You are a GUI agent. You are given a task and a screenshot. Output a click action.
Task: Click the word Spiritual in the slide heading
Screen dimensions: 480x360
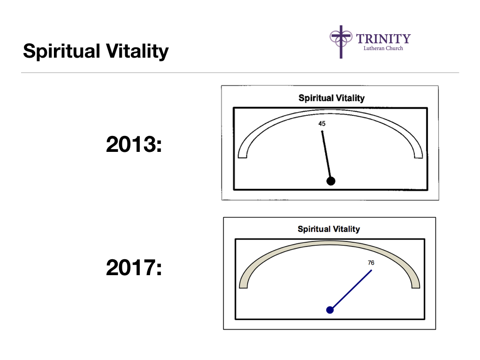tap(61, 51)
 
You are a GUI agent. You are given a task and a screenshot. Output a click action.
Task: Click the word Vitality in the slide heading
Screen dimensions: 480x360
tap(137, 51)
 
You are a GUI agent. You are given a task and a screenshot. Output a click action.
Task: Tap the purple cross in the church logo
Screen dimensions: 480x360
tap(341, 42)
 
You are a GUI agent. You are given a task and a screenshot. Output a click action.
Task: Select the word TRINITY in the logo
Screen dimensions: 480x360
tap(383, 39)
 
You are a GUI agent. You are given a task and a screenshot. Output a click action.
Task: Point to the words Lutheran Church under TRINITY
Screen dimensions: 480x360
tap(383, 48)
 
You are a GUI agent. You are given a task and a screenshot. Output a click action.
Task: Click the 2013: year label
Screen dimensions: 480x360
tap(134, 144)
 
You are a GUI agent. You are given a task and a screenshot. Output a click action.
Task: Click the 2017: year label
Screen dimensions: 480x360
tap(134, 268)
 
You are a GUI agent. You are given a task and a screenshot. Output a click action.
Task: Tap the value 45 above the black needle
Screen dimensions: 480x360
tap(322, 124)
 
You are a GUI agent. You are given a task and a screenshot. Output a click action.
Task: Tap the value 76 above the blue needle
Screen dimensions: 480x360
tap(371, 262)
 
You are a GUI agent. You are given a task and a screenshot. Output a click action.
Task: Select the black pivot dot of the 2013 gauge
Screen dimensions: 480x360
tap(330, 181)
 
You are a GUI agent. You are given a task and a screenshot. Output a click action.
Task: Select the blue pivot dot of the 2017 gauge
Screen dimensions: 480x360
tap(330, 310)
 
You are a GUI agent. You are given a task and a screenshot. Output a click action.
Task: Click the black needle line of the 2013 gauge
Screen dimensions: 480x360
tap(326, 156)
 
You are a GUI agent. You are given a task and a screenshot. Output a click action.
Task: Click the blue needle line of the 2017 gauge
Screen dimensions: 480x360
tap(351, 290)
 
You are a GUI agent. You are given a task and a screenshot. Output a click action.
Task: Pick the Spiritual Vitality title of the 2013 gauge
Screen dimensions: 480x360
tap(331, 98)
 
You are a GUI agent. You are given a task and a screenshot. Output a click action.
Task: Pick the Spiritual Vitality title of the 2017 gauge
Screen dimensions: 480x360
tap(329, 229)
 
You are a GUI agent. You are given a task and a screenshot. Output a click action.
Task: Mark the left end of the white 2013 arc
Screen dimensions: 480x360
tap(242, 157)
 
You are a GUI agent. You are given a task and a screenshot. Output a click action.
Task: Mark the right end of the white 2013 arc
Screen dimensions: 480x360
tap(419, 157)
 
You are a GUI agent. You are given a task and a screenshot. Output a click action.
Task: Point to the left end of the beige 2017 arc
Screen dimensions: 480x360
tap(243, 287)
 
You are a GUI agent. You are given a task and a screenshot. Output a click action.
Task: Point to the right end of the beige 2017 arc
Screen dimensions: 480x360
tap(416, 287)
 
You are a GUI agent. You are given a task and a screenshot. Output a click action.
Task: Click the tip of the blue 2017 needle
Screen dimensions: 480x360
tap(372, 270)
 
